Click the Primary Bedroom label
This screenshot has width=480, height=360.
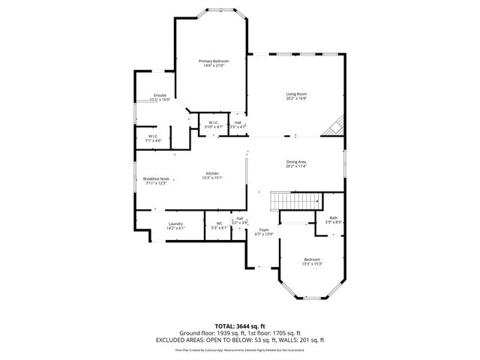pyautogui.click(x=214, y=61)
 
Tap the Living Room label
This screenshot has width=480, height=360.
pyautogui.click(x=296, y=94)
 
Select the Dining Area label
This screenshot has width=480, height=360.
pyautogui.click(x=296, y=161)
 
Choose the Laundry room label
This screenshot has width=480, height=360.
pyautogui.click(x=176, y=223)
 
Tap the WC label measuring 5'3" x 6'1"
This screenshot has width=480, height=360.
pyautogui.click(x=220, y=223)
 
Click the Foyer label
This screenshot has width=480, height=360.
pyautogui.click(x=264, y=229)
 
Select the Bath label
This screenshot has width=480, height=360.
pyautogui.click(x=334, y=217)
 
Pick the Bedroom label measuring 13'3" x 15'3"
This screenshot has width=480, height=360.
pyautogui.click(x=312, y=259)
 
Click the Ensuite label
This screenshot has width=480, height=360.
pyautogui.click(x=160, y=95)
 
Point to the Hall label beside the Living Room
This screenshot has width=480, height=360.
pyautogui.click(x=238, y=122)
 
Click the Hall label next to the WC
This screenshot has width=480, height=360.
pyautogui.click(x=239, y=218)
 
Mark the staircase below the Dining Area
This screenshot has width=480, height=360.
pyautogui.click(x=296, y=201)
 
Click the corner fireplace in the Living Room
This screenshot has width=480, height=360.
pyautogui.click(x=333, y=127)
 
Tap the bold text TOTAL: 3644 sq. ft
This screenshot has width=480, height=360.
pyautogui.click(x=240, y=325)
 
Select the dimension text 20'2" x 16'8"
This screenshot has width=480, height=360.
pyautogui.click(x=296, y=98)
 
